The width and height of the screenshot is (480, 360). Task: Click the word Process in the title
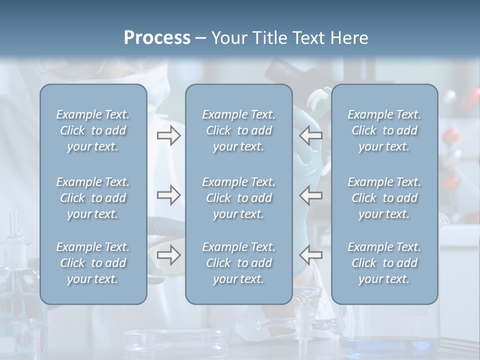[157, 38]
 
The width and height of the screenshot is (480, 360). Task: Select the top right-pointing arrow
[168, 135]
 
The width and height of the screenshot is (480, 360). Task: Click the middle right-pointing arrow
[168, 195]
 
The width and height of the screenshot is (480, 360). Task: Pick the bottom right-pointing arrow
[168, 255]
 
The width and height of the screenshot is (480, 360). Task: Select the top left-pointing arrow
[311, 135]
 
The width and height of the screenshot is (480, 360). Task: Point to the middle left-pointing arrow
[311, 195]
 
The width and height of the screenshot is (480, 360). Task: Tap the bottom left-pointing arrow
[311, 255]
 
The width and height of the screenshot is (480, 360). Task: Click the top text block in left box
[93, 130]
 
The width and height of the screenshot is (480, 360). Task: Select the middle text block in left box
[93, 198]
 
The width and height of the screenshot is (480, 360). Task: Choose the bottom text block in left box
[93, 263]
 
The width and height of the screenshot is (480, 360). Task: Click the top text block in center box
[238, 130]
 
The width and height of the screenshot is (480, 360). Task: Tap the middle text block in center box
[238, 198]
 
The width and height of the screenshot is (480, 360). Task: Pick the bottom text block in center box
[238, 263]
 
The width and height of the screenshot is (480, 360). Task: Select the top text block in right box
[384, 130]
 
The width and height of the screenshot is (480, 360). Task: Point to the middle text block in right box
[384, 198]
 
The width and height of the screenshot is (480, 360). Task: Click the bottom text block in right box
[384, 263]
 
